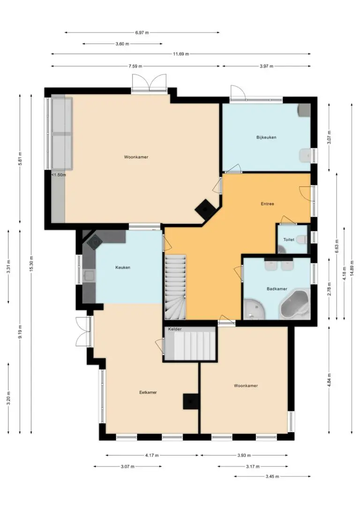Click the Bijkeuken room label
[x=266, y=137]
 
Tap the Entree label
[x=268, y=204]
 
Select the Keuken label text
[x=123, y=268]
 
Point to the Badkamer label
[x=277, y=289]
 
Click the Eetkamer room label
[x=148, y=392]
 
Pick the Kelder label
[x=175, y=329]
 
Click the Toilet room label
[x=289, y=240]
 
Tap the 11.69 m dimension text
[x=181, y=54]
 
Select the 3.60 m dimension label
[x=122, y=44]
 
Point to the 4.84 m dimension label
[x=329, y=380]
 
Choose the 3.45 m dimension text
[x=272, y=477]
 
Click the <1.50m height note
[x=59, y=175]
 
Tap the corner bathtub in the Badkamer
[x=294, y=305]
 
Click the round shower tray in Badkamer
[x=255, y=309]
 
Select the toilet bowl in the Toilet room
[x=301, y=240]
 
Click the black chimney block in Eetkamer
[x=191, y=402]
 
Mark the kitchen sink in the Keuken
[x=89, y=276]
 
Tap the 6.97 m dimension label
[x=142, y=32]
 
